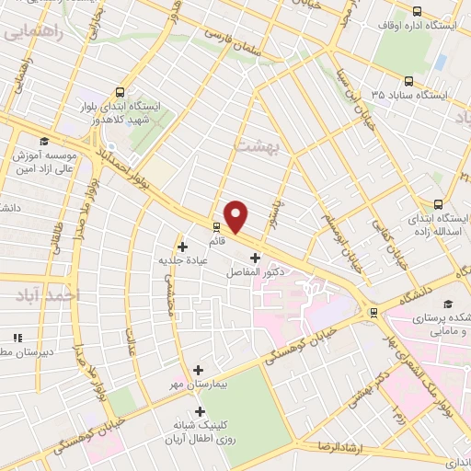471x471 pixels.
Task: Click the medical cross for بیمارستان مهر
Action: (199, 370)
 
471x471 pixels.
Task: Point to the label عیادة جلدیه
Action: (185, 260)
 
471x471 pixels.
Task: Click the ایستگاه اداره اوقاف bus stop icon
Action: (418, 12)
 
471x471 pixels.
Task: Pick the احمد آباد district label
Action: (43, 294)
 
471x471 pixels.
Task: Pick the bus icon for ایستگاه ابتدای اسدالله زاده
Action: (437, 205)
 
